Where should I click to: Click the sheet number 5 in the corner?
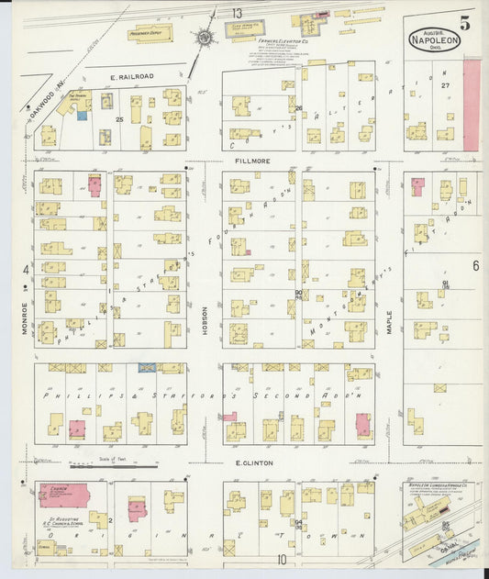(465, 25)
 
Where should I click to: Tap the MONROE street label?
(25, 318)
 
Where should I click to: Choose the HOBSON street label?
(205, 309)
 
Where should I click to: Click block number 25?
(118, 120)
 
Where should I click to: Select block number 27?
(445, 84)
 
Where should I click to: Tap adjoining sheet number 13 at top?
(237, 12)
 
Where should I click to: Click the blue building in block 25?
(82, 116)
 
